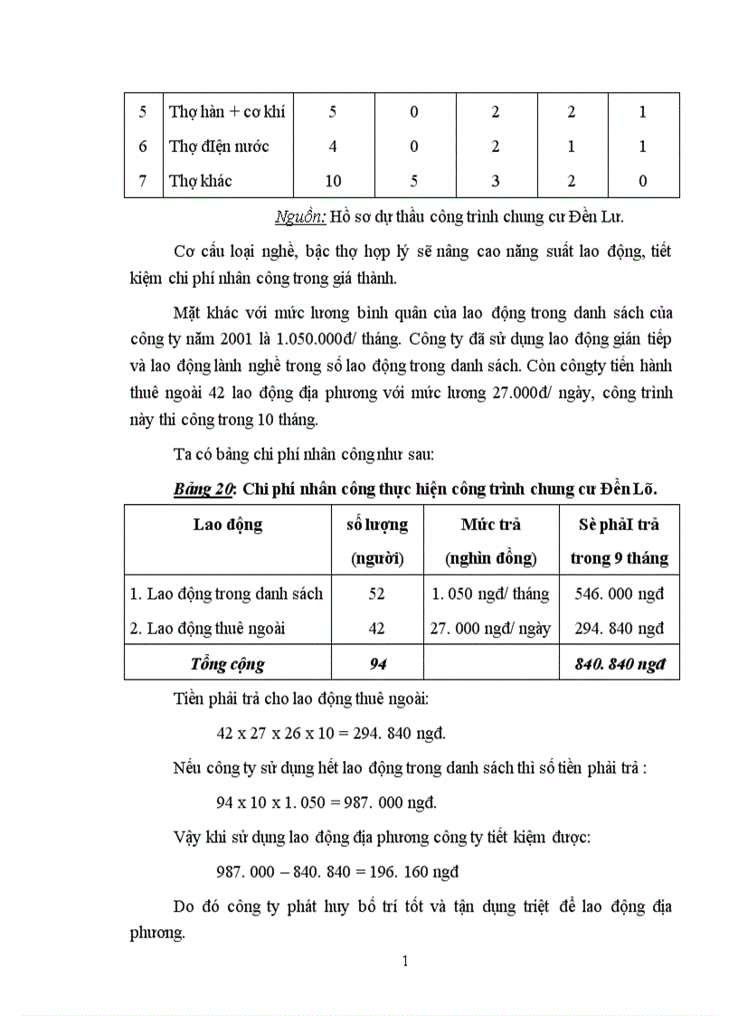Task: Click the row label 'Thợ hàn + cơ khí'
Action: (x=226, y=112)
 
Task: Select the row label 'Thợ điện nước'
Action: (x=219, y=146)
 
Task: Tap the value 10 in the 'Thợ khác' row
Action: (x=333, y=181)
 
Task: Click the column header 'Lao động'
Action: (x=228, y=525)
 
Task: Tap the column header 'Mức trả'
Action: (x=490, y=525)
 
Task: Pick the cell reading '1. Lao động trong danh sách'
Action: (x=227, y=593)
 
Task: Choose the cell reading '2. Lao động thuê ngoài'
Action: (x=209, y=628)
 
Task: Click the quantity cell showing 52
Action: (x=377, y=593)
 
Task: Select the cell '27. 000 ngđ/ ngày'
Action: (x=490, y=628)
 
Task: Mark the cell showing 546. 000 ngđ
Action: (x=620, y=593)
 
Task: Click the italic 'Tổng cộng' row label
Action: (x=227, y=663)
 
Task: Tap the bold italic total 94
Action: (x=378, y=663)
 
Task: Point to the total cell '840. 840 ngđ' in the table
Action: (x=620, y=663)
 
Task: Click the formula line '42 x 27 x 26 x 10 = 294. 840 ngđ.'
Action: (x=331, y=733)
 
